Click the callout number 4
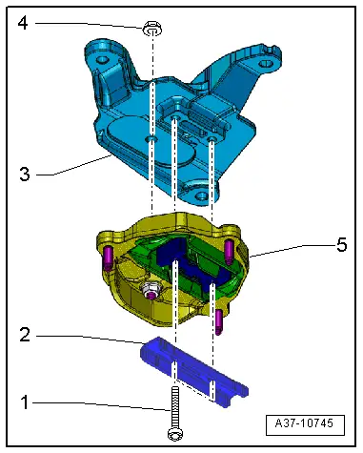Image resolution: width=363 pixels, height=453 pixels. pyautogui.click(x=23, y=23)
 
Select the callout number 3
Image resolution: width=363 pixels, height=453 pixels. pyautogui.click(x=25, y=175)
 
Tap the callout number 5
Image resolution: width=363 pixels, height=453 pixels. pyautogui.click(x=342, y=245)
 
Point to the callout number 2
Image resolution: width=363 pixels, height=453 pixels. pyautogui.click(x=25, y=335)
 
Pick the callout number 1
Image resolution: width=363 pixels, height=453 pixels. pyautogui.click(x=24, y=402)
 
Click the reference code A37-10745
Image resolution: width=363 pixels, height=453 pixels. pyautogui.click(x=304, y=423)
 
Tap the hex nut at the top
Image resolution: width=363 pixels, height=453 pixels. pyautogui.click(x=152, y=29)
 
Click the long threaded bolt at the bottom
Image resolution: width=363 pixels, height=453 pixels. pyautogui.click(x=174, y=413)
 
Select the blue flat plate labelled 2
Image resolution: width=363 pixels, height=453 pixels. pyautogui.click(x=194, y=372)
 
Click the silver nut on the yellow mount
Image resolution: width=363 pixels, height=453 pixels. pyautogui.click(x=151, y=290)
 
